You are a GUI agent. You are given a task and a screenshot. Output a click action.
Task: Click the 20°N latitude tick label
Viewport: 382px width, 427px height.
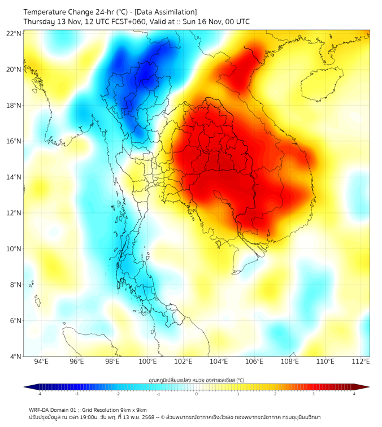[14, 69]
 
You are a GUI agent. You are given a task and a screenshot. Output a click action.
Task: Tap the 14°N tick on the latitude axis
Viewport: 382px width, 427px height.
[14, 177]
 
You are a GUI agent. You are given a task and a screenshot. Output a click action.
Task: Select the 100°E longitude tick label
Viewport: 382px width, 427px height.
[148, 361]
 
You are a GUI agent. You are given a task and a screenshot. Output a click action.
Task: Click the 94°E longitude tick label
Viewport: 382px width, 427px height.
[41, 361]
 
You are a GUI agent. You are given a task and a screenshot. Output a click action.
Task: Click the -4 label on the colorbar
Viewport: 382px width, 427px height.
[39, 394]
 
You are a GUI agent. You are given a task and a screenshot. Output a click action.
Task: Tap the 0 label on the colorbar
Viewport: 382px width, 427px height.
[197, 394]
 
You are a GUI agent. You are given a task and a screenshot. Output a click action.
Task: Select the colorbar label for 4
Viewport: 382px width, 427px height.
[354, 394]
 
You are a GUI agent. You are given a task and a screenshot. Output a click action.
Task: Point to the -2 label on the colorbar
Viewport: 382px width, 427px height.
[118, 394]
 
